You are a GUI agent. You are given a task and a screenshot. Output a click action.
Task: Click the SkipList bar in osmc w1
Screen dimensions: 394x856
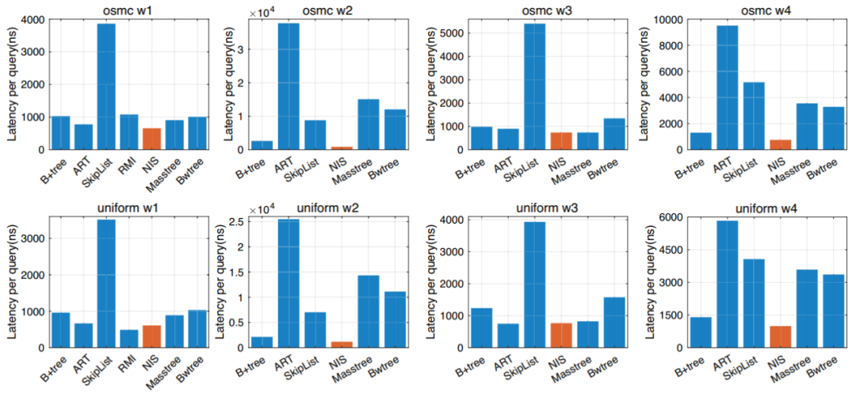tap(106, 86)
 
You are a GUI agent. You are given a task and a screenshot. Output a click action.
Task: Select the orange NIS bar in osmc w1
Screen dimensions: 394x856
tap(151, 139)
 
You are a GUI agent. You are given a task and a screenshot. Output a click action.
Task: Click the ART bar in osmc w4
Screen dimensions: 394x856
tap(727, 87)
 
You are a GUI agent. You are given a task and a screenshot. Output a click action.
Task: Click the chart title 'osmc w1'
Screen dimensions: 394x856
tap(128, 9)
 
